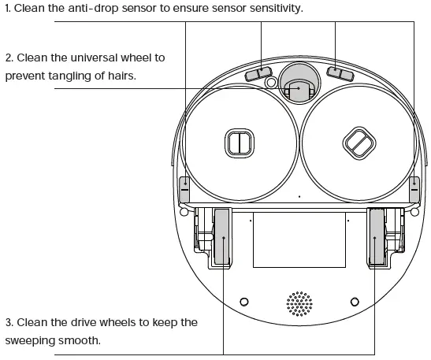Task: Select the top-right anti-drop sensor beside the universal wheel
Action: tap(340, 73)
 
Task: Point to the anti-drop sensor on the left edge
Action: tap(185, 189)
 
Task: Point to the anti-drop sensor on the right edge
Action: tap(414, 189)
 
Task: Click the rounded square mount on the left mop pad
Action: tap(239, 143)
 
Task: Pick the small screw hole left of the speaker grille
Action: tap(243, 302)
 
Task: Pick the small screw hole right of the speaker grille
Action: tap(355, 302)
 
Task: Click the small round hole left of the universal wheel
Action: tap(271, 82)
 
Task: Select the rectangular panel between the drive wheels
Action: tap(299, 239)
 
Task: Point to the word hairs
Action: tap(120, 76)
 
